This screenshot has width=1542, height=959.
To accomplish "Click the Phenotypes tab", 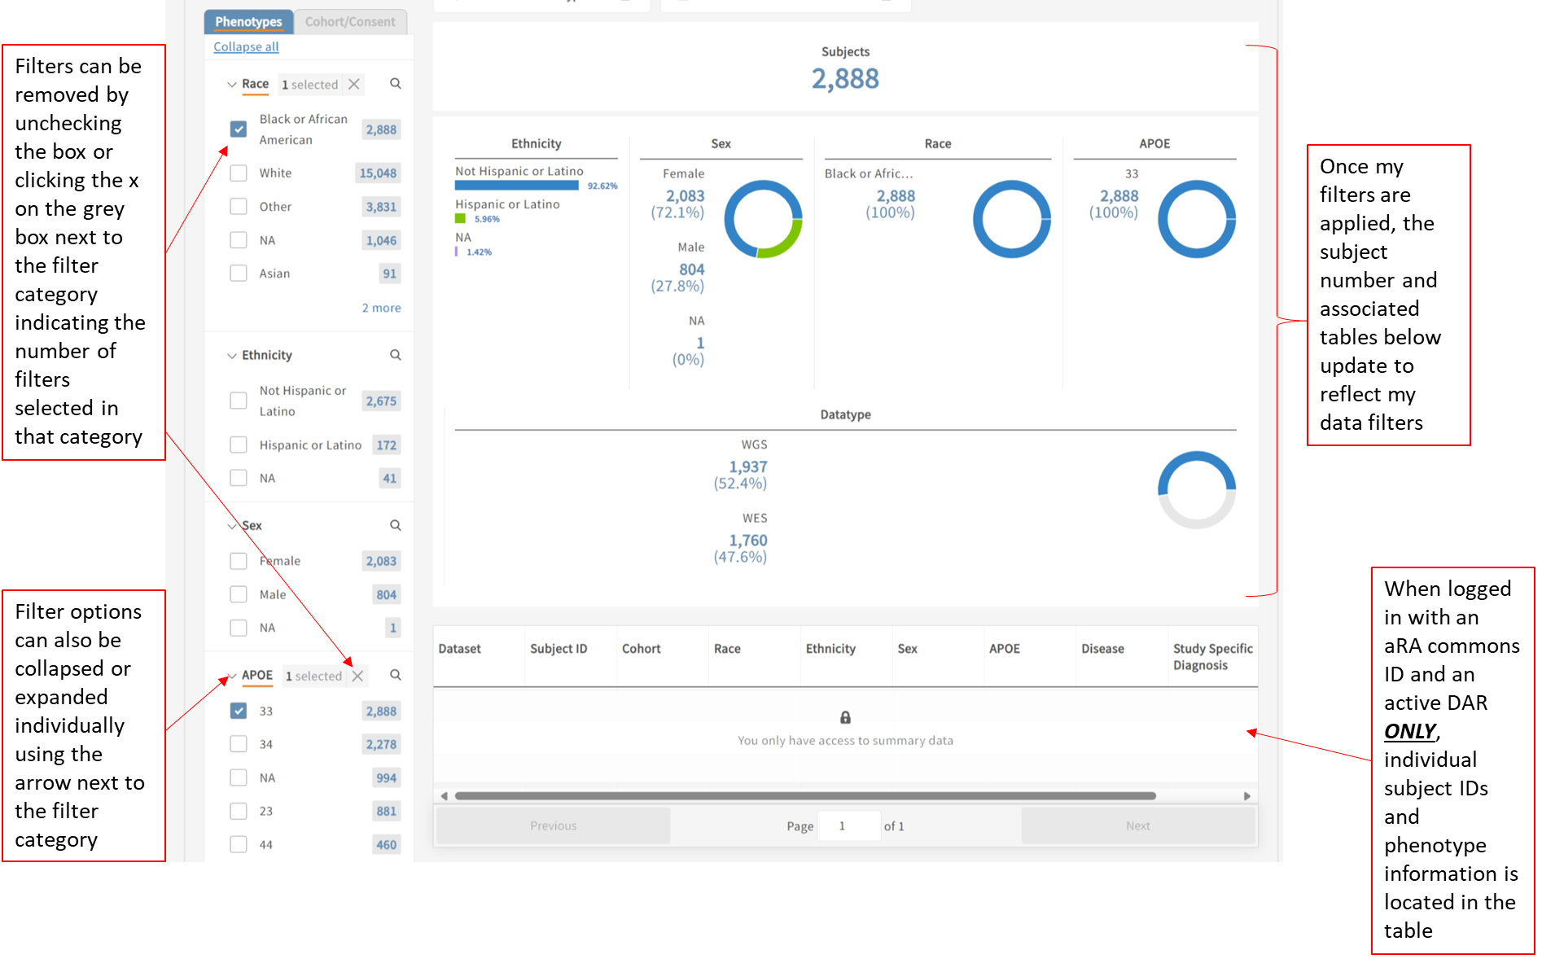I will click(248, 22).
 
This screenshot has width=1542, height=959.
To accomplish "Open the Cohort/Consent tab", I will click(350, 22).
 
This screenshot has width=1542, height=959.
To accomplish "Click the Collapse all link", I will click(246, 47).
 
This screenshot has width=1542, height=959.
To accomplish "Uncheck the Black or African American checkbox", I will click(239, 129).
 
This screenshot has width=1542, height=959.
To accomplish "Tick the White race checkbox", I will click(239, 173).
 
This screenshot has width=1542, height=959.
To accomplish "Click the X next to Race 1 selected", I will click(354, 84).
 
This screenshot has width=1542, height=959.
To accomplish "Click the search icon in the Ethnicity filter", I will click(396, 355).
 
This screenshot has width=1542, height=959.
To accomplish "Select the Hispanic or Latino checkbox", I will click(239, 444).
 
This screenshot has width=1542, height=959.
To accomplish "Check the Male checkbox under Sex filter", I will click(239, 594).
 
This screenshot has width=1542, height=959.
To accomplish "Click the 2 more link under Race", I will click(381, 308).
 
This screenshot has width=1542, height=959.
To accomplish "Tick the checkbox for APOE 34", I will click(239, 743).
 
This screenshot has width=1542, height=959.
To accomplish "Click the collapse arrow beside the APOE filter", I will click(232, 676).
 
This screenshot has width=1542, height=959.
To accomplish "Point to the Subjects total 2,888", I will click(845, 79).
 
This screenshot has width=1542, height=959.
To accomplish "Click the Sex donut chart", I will click(763, 219).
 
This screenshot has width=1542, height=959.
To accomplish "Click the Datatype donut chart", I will click(1196, 489).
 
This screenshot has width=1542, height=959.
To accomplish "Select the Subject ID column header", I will click(559, 649).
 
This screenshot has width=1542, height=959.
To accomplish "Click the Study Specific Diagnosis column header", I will click(1212, 656).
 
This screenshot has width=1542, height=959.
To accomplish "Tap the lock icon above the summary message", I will click(845, 717).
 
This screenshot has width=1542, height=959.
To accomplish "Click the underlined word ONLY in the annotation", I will click(1410, 731).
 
